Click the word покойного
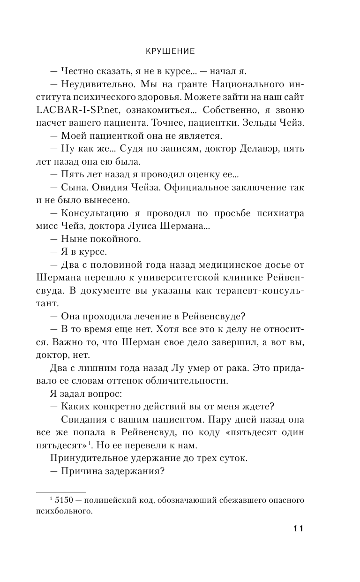107,239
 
